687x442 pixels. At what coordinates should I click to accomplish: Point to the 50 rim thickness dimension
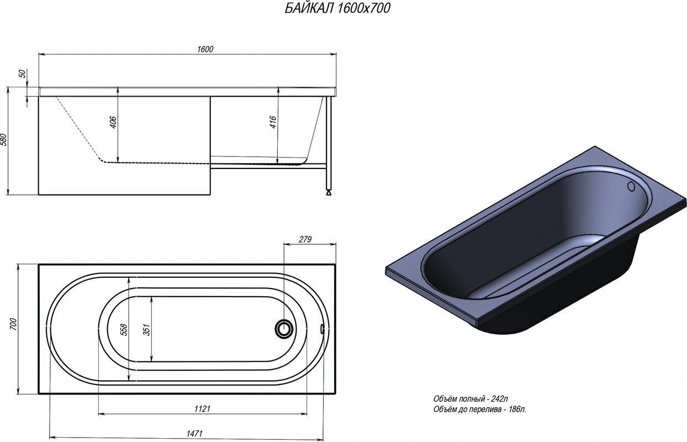click(x=23, y=75)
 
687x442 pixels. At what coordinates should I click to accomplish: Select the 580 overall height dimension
click(x=4, y=140)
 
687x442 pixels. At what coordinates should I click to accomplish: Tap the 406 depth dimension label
click(x=113, y=123)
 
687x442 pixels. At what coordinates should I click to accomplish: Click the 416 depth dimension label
click(x=273, y=123)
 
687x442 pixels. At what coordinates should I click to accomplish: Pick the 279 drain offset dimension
click(x=305, y=239)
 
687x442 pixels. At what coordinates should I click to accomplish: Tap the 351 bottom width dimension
click(x=146, y=330)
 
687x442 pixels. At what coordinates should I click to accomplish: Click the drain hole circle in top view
click(x=284, y=329)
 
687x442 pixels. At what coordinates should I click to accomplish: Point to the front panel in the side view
click(x=124, y=177)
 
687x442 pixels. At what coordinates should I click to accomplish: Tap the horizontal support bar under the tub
click(x=268, y=164)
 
